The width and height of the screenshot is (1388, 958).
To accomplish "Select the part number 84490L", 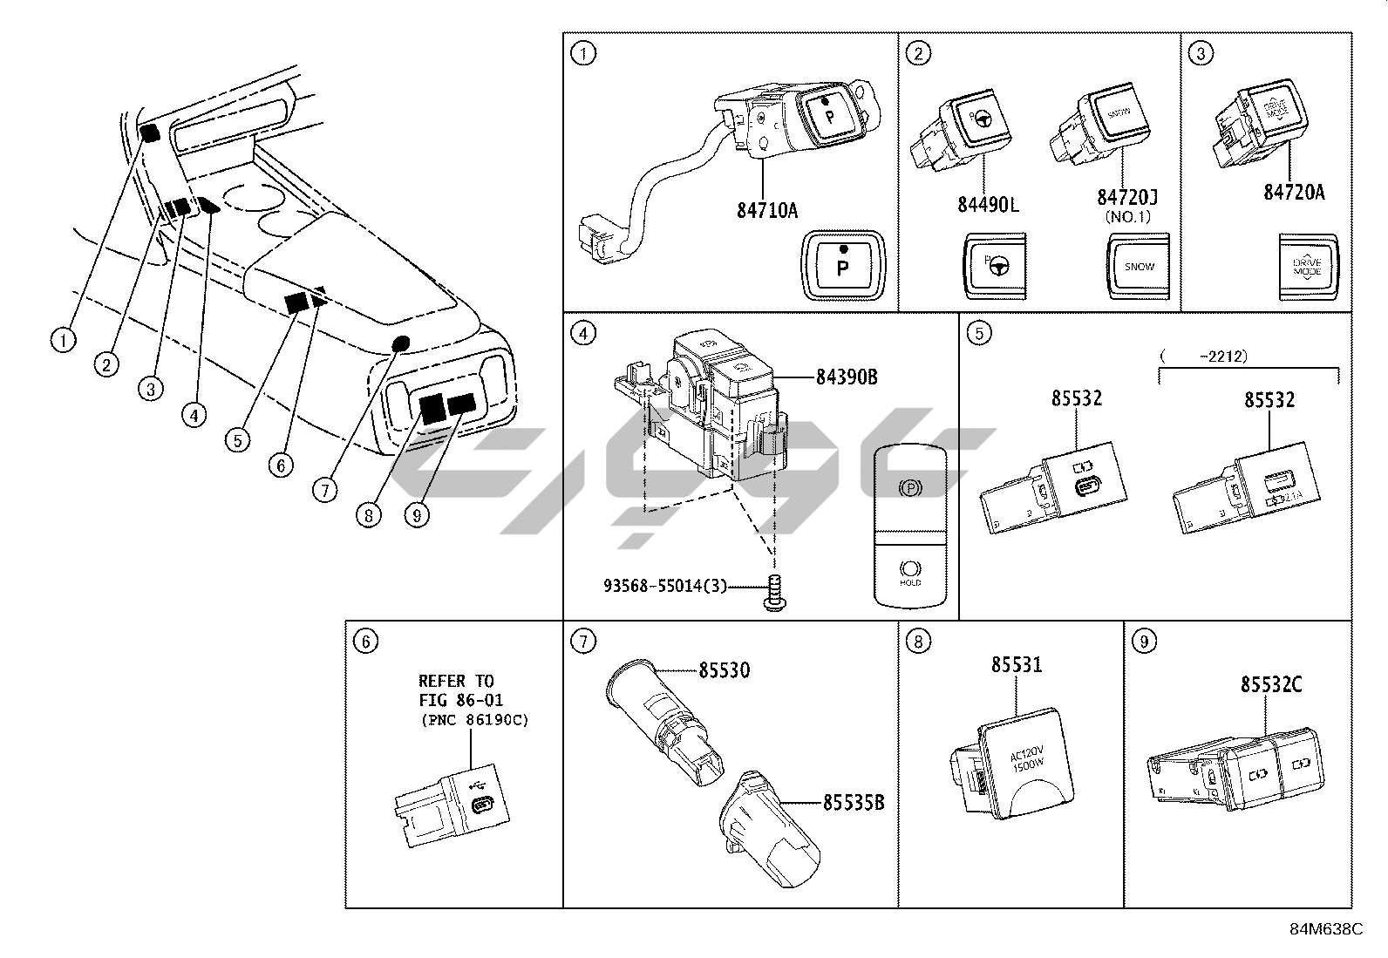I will pos(988,204).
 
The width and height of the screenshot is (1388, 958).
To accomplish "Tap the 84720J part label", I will pos(1126,199).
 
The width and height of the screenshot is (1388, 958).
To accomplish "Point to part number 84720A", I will pos(1294,193).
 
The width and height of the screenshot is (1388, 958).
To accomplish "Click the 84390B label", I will pos(847,377).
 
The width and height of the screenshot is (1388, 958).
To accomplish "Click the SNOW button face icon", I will pos(1139,266).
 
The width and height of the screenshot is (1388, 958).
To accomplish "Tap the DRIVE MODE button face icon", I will pos(1308,266).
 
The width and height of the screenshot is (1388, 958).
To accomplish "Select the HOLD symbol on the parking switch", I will pos(909,571).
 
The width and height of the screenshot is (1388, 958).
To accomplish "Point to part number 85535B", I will pos(854,802).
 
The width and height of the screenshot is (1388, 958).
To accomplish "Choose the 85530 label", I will pos(724,669).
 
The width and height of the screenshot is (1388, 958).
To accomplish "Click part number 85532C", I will pos(1272,684).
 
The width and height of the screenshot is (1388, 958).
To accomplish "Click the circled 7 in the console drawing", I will pos(324,491).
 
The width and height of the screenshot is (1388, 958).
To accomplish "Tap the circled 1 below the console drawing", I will pos(63,341).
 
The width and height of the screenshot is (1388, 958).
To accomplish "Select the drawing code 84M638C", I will pos(1326,928).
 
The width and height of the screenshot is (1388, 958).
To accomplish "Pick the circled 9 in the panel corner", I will pos(1143,642).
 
